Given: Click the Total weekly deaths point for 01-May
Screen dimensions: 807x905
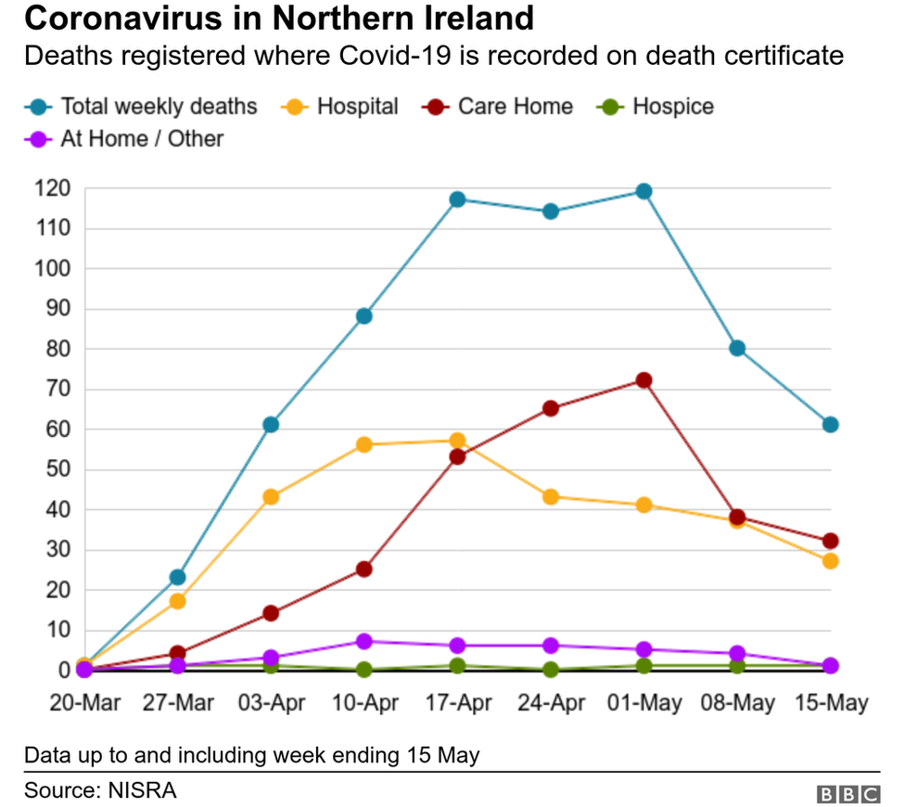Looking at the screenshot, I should point(644,191).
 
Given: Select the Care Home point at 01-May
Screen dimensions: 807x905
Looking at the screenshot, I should point(644,380).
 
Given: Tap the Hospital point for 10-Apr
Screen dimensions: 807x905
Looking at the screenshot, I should point(363,444).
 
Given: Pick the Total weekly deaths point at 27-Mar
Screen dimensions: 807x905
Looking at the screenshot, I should point(177,577).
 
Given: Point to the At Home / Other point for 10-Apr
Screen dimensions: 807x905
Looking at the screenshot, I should point(363,641).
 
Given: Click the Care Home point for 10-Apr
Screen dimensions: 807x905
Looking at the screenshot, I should point(363,569).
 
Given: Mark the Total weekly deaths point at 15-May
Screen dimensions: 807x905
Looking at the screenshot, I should point(830,425).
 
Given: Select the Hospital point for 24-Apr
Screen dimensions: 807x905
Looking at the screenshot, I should point(550,496).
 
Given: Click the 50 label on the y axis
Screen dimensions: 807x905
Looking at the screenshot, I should point(57,469).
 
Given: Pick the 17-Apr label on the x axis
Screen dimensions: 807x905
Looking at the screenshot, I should point(457,704).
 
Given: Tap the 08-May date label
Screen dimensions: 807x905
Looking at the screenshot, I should point(736,704).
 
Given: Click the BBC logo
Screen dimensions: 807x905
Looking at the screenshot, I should point(848,794).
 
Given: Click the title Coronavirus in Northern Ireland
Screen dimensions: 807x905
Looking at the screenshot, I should point(279,19).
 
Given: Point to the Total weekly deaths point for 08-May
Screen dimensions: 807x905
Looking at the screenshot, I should point(736,348).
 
